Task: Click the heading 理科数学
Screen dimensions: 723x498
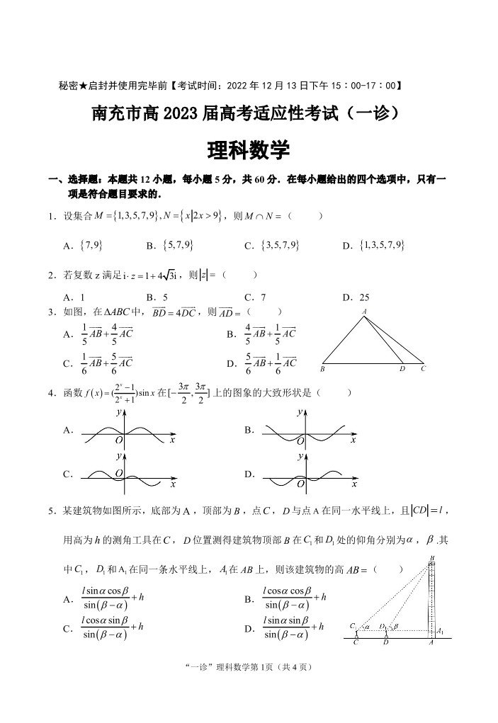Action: [x=249, y=150]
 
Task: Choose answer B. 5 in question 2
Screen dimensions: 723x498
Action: [x=157, y=298]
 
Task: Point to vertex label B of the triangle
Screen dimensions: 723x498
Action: [x=322, y=369]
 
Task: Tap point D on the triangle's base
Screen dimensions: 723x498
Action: [x=402, y=369]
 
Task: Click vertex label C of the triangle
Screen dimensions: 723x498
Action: [x=423, y=369]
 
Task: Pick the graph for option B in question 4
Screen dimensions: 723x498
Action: [x=306, y=431]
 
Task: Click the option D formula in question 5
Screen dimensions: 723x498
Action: [x=293, y=627]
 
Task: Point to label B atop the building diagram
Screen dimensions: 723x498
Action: [x=431, y=559]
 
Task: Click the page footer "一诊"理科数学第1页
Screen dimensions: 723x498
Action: [x=248, y=667]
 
